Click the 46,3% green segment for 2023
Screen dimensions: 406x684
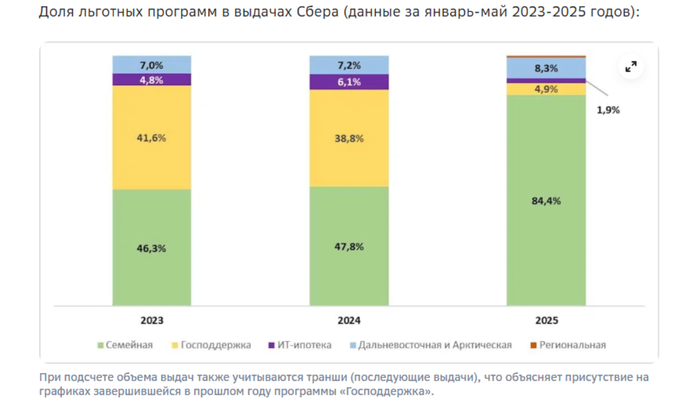point(151,247)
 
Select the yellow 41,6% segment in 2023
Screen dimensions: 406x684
point(151,138)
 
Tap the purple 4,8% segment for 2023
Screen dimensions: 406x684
point(151,80)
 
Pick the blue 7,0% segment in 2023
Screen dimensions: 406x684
point(151,65)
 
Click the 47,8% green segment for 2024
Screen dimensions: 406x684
point(349,246)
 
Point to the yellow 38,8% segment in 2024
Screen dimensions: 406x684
point(349,138)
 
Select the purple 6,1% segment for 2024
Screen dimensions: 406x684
point(349,82)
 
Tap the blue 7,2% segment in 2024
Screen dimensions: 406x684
point(349,65)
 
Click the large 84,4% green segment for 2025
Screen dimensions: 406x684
point(546,201)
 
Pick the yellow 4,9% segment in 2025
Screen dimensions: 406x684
point(546,89)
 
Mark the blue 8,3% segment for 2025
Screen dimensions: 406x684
point(546,68)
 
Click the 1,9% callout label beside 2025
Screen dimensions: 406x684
point(608,110)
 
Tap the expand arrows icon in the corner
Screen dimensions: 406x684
point(631,67)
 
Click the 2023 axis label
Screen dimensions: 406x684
point(151,321)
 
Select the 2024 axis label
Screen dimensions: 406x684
point(349,321)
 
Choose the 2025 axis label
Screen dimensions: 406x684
point(546,321)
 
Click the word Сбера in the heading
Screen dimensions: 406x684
point(315,12)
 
